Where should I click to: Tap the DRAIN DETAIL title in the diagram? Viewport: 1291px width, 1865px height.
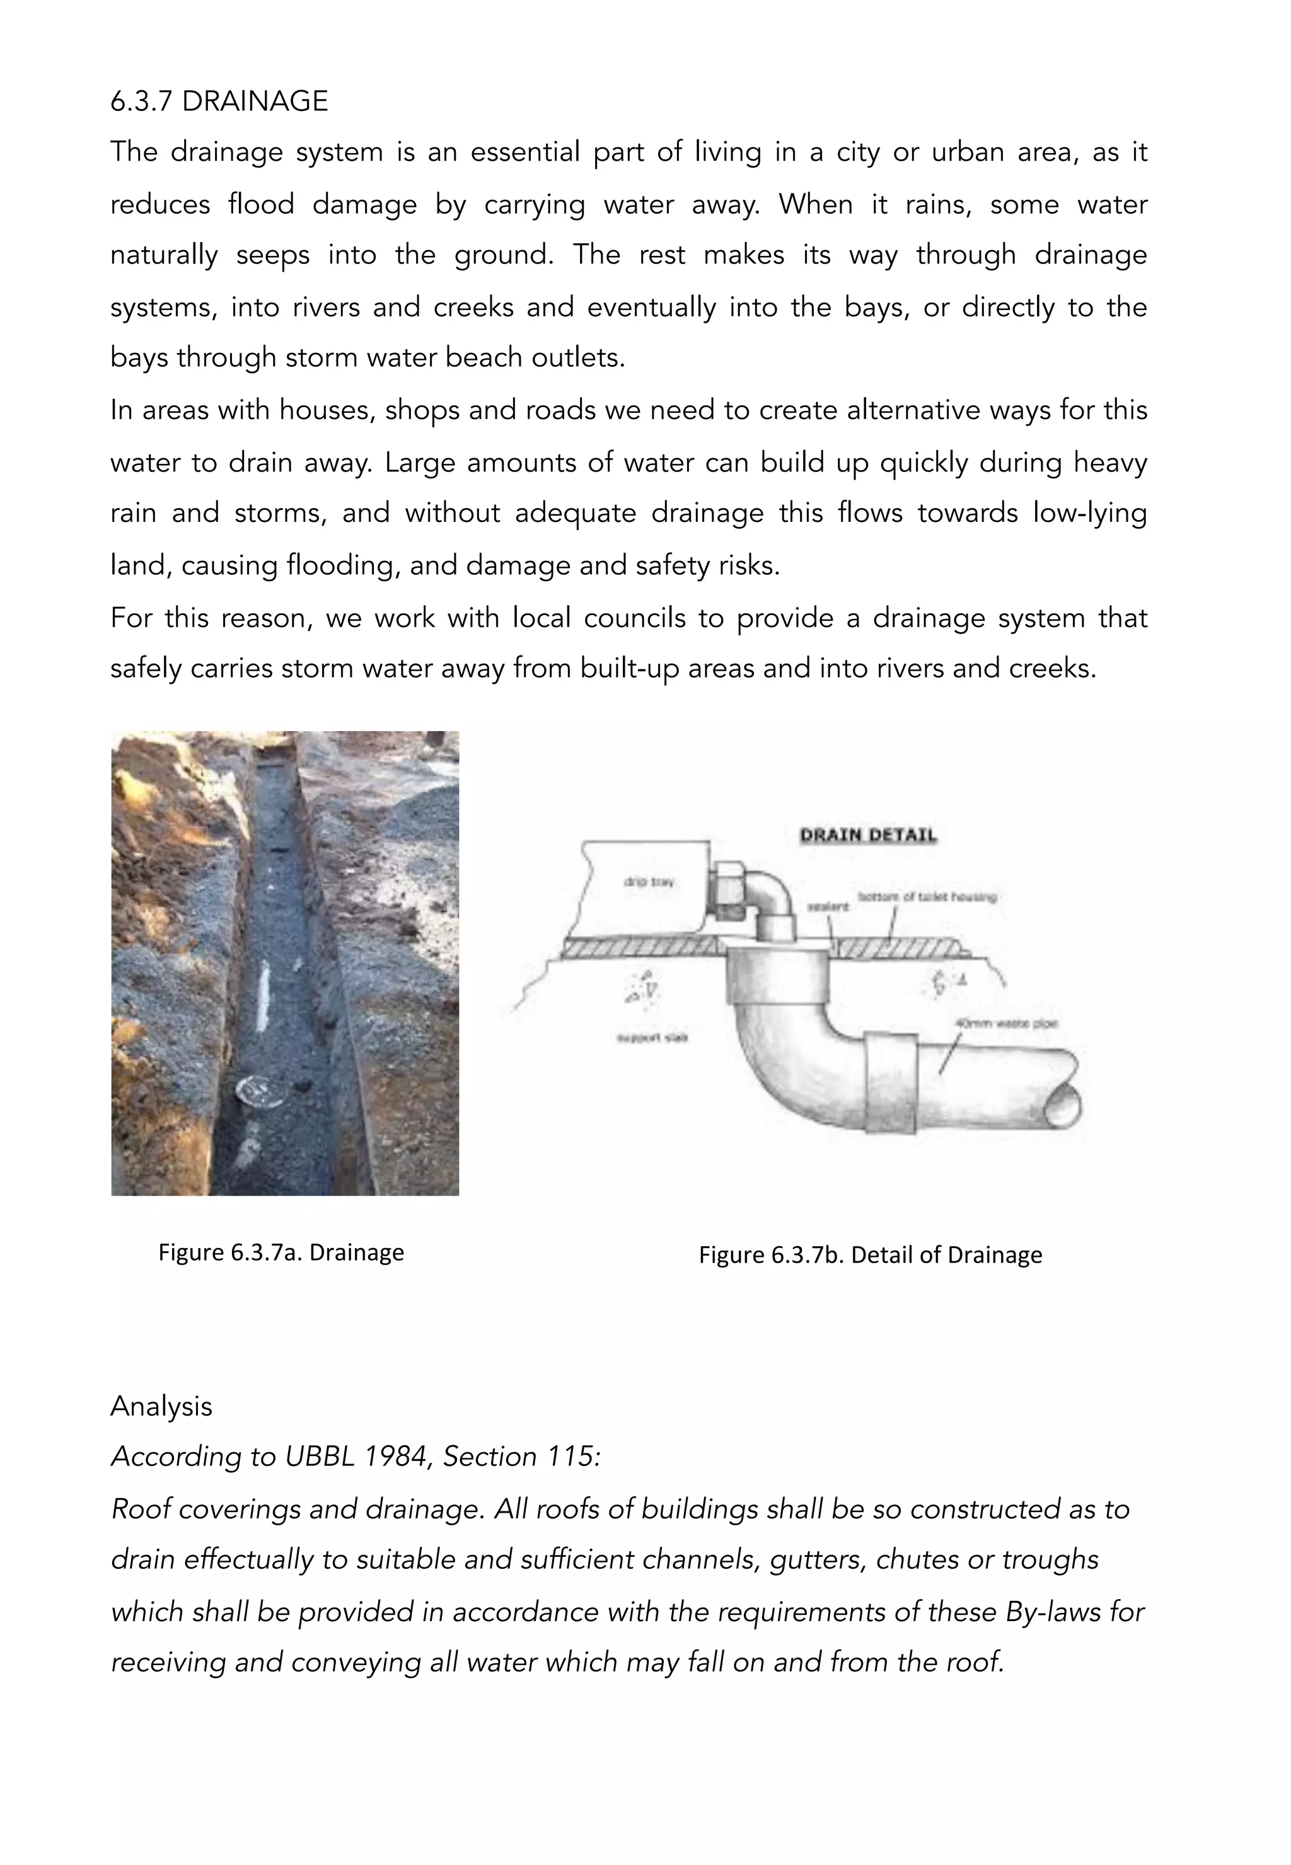pyautogui.click(x=867, y=836)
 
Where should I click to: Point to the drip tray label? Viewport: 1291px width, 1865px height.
pyautogui.click(x=648, y=882)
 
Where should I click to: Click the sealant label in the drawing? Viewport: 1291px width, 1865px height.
pyautogui.click(x=828, y=906)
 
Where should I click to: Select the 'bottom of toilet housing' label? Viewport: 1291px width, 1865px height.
pyautogui.click(x=926, y=896)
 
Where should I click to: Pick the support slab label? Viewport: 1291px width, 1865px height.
pyautogui.click(x=652, y=1037)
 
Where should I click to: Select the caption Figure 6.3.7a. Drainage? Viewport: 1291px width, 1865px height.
pyautogui.click(x=281, y=1252)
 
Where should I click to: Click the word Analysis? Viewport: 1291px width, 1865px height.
pyautogui.click(x=161, y=1406)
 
